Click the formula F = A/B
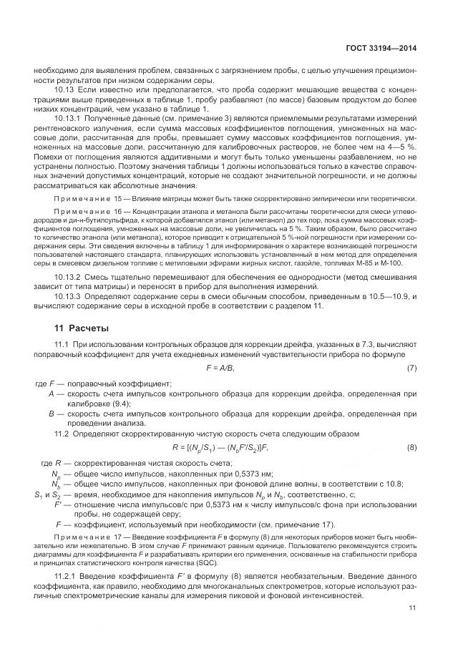click(x=220, y=367)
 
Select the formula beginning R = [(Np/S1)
click(x=219, y=447)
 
